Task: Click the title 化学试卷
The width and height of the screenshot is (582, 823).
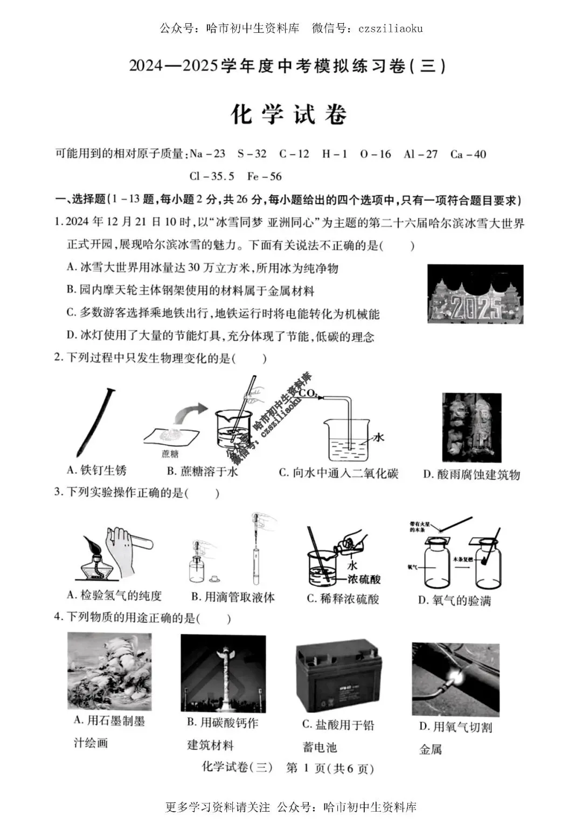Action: point(289,114)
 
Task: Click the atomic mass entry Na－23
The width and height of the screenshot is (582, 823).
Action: point(207,154)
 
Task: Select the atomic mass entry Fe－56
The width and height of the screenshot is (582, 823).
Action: point(264,176)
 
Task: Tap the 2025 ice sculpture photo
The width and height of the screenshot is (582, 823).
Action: point(475,294)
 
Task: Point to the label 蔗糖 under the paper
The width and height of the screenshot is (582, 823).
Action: point(170,454)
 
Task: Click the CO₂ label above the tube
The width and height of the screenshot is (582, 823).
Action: point(308,393)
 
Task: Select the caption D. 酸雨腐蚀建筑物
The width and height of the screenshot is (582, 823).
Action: point(471,474)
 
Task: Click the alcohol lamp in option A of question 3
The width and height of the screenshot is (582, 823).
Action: point(98,561)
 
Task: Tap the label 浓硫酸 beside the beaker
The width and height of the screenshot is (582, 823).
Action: point(363,579)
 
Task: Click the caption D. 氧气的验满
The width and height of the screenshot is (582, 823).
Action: point(454,600)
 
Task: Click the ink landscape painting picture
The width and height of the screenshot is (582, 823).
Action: point(109,671)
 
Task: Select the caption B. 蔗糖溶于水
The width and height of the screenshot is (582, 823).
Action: point(202,471)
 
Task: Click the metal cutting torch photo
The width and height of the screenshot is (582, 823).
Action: point(455,679)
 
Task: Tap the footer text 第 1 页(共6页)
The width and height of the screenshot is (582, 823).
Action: point(329,768)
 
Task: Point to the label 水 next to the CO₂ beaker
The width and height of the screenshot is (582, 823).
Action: point(378,437)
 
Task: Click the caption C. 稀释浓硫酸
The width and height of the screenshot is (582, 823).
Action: point(343,599)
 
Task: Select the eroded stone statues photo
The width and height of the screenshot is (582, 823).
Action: point(472,427)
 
